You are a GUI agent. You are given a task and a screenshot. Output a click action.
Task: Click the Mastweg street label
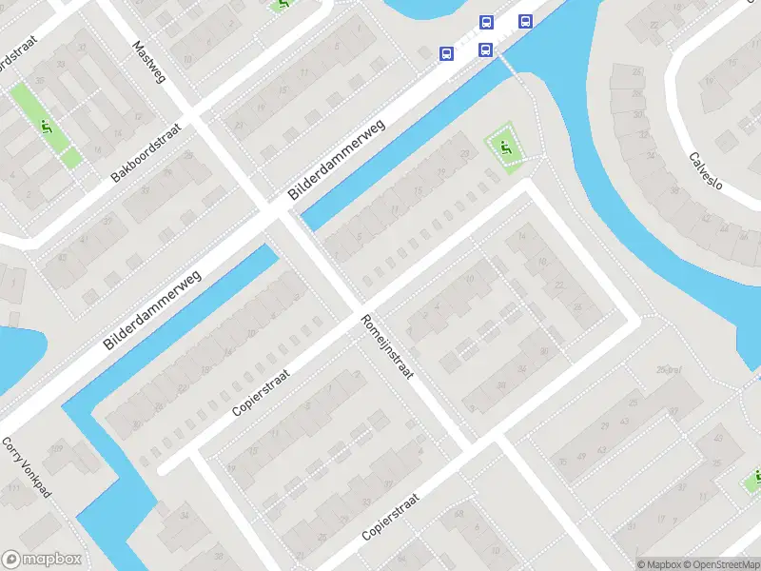(x=149, y=60)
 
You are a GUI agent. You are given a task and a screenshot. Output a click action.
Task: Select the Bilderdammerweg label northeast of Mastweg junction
(x=337, y=159)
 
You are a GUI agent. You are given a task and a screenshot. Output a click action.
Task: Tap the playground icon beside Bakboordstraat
(x=46, y=125)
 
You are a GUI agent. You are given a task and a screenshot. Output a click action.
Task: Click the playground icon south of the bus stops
(x=505, y=148)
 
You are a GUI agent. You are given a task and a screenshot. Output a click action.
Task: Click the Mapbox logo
(x=42, y=560)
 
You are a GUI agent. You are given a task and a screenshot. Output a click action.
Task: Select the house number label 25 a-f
(x=670, y=370)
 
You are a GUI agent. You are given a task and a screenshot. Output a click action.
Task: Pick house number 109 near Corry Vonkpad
(x=56, y=447)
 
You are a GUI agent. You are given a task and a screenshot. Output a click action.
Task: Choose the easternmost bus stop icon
(x=524, y=21)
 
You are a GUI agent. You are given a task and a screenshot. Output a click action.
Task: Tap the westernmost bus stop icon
(x=445, y=53)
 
